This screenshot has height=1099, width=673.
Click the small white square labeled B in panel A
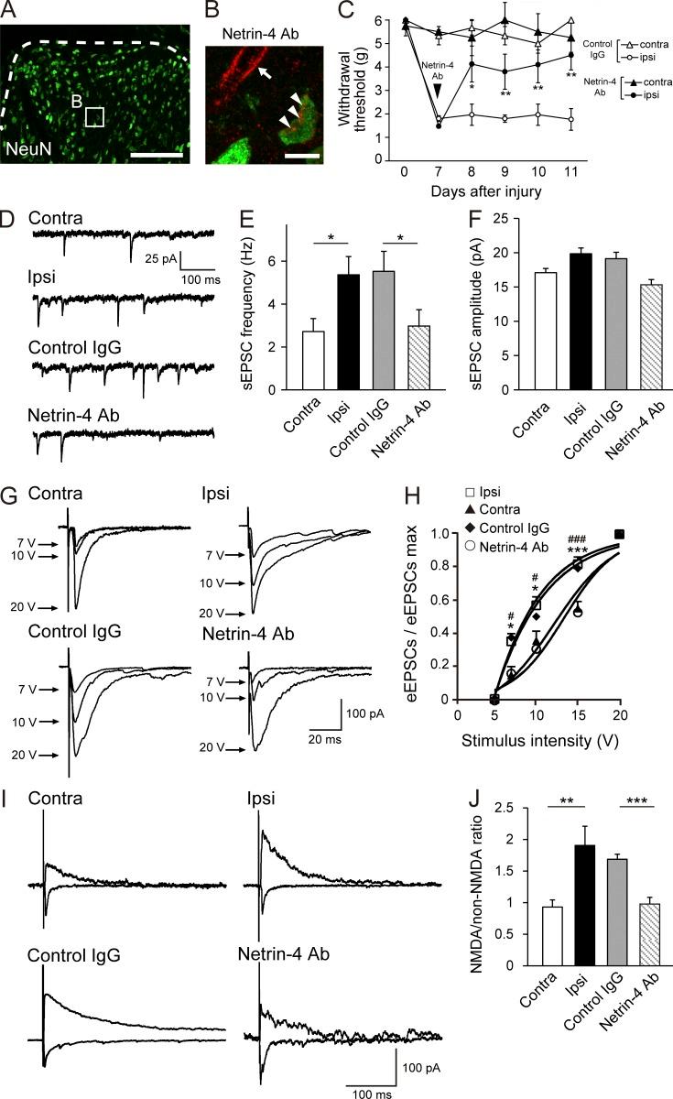coord(96,117)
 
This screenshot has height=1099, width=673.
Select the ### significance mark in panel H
coord(577,540)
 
